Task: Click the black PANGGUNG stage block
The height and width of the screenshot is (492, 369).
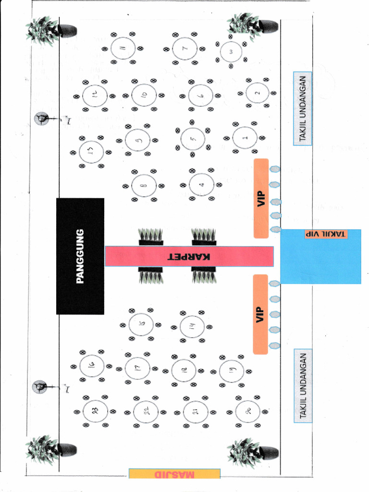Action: point(80,256)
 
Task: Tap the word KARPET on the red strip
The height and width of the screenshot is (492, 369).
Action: point(189,256)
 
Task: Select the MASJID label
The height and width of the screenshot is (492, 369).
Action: point(174,474)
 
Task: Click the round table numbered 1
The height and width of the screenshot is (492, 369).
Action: point(245,138)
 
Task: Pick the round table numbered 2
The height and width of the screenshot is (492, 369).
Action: point(257,93)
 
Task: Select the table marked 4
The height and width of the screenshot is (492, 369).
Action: point(202,184)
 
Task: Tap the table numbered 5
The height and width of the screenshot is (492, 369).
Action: point(193,139)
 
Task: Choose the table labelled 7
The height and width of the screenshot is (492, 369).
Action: point(185,49)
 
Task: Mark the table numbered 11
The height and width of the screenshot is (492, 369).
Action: point(123,48)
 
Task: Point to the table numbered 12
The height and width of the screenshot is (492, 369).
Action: point(94,95)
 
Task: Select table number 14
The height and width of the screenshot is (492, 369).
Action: point(192,326)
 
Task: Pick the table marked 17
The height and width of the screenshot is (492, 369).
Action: point(137,368)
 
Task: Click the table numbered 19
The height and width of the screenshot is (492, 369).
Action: point(232,371)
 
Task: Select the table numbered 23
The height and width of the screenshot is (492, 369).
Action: point(95,411)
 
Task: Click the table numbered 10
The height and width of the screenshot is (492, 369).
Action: point(143,95)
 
